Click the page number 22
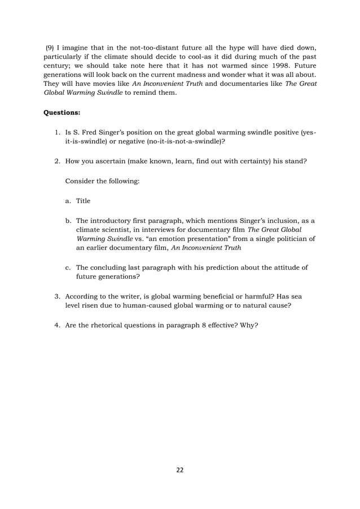click(180, 469)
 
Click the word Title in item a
click(83, 201)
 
